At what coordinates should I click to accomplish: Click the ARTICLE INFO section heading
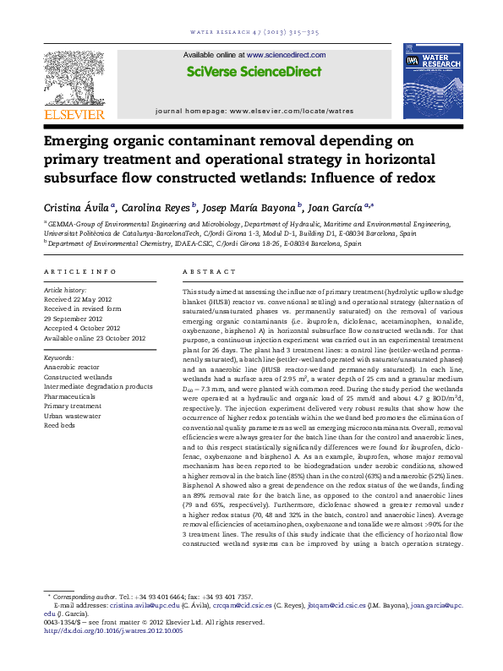click(x=79, y=271)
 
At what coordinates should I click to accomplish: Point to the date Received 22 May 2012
click(x=77, y=299)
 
